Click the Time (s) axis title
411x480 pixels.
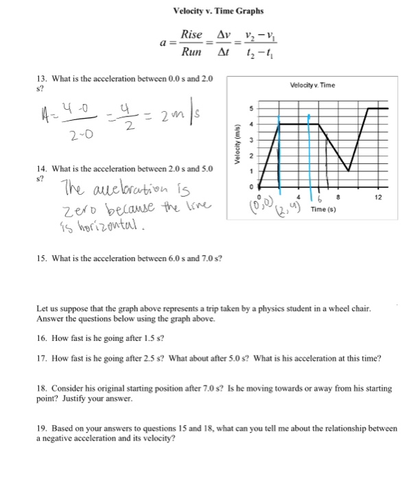(324, 209)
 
